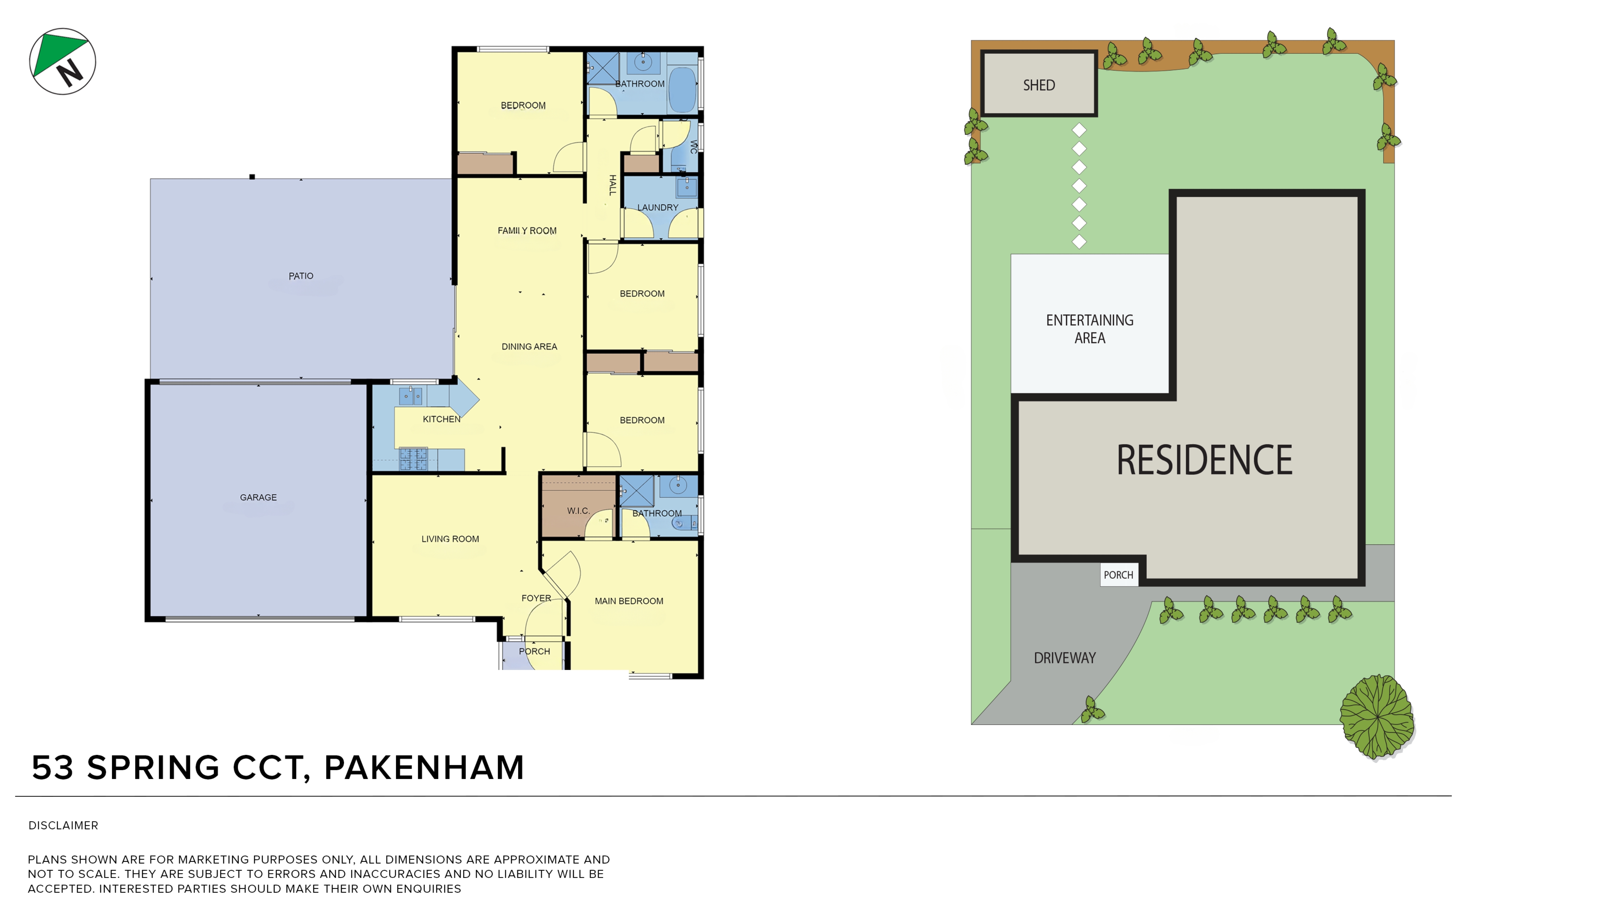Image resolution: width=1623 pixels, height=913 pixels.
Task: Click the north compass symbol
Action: pos(62,61)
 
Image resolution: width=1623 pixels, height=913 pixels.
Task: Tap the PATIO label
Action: pos(301,276)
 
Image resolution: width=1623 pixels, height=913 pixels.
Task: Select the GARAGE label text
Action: pos(258,497)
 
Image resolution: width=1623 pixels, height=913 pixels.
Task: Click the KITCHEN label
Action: pos(442,419)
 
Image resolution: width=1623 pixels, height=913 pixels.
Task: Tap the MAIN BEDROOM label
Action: pos(629,601)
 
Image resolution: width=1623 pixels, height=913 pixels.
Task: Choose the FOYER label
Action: pos(536,598)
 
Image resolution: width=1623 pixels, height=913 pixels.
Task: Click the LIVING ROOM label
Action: pos(450,539)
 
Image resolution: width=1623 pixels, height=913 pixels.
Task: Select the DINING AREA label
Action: pos(529,346)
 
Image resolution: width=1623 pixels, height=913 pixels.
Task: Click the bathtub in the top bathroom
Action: pos(682,90)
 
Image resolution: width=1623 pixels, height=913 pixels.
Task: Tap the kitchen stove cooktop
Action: pos(413,459)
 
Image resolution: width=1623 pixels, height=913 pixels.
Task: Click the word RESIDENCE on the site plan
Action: pos(1204,460)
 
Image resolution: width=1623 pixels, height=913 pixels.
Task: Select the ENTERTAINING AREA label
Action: pos(1089,329)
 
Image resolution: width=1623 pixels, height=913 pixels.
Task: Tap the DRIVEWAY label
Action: pos(1065,658)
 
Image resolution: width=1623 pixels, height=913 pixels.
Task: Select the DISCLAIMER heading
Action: pos(63,826)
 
